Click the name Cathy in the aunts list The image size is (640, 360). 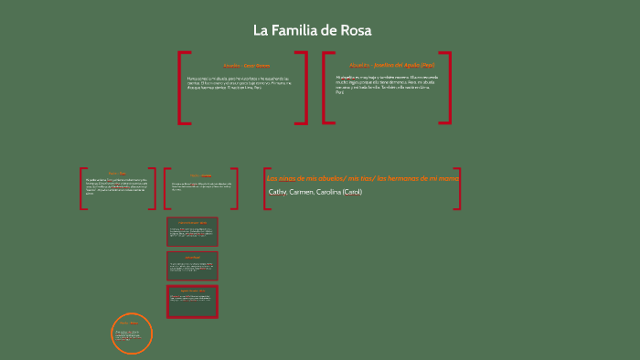click(278, 193)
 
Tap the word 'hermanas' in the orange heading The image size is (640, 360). click(405, 178)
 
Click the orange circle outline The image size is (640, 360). click(114, 333)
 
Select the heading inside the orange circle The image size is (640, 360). click(132, 323)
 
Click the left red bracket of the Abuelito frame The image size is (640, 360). click(183, 87)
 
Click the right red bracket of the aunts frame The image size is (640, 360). click(457, 187)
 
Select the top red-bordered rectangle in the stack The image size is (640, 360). click(192, 232)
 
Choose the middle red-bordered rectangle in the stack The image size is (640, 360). click(192, 266)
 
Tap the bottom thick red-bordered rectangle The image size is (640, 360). click(192, 302)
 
